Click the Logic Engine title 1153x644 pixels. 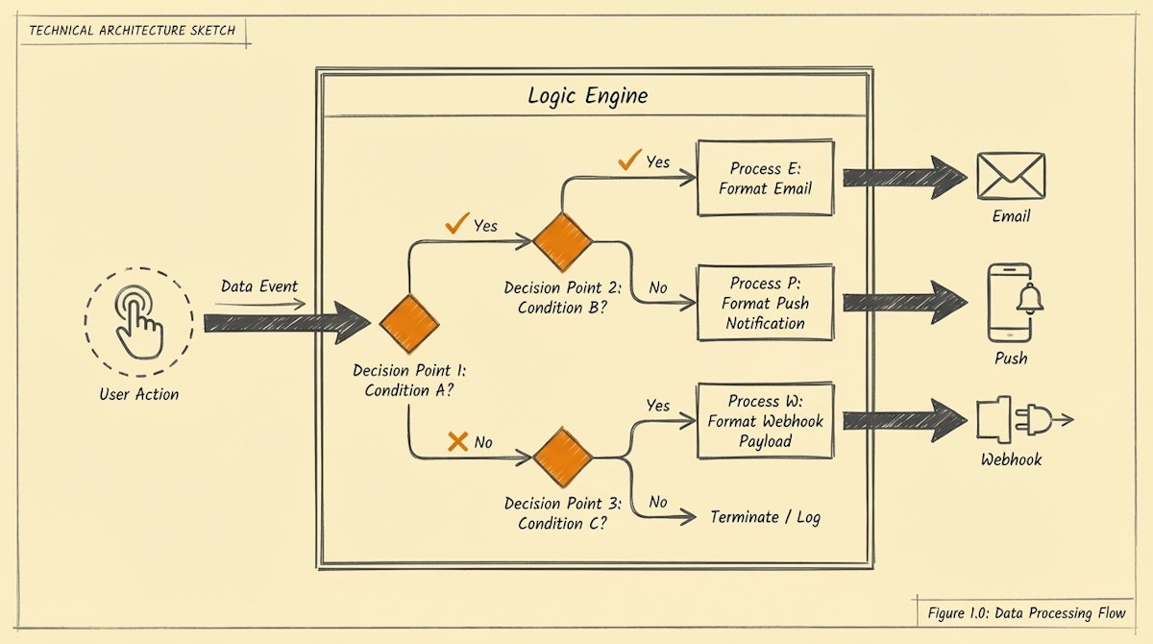point(587,96)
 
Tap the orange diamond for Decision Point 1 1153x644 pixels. point(409,323)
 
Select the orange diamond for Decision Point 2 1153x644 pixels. point(562,241)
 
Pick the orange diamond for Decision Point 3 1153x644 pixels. point(562,458)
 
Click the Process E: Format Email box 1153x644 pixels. point(765,178)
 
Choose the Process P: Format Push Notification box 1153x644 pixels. point(765,303)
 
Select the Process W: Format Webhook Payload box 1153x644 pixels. point(765,421)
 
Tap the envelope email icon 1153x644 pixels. point(1010,177)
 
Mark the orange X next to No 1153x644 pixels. point(458,441)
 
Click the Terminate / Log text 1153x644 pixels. point(765,517)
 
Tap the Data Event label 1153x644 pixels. point(259,286)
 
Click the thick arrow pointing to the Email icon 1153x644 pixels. point(903,178)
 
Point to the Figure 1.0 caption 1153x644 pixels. point(1026,612)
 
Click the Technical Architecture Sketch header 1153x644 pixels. point(134,30)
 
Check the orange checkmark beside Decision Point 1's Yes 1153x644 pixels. point(456,225)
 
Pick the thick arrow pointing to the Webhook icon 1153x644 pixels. point(903,420)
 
